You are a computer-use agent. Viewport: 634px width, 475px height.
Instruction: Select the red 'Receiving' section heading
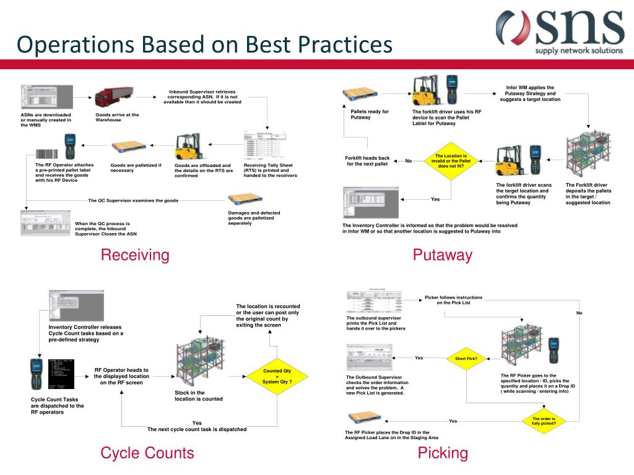click(135, 255)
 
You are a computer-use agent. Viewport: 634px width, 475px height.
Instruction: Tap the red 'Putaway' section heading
click(443, 255)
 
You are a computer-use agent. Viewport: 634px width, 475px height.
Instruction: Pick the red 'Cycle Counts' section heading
click(147, 453)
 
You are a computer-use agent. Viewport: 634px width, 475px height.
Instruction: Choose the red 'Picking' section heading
click(443, 453)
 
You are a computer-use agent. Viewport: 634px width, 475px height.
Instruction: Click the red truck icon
click(113, 96)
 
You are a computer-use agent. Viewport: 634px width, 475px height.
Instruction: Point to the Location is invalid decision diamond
click(451, 161)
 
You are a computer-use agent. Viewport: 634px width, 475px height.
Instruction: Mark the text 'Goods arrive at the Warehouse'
click(117, 117)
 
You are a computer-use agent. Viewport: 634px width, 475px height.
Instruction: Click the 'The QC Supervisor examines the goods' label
click(133, 200)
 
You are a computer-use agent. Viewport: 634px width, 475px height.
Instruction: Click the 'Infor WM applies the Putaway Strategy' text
click(530, 93)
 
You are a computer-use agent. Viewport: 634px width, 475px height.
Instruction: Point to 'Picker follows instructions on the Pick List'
click(453, 300)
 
